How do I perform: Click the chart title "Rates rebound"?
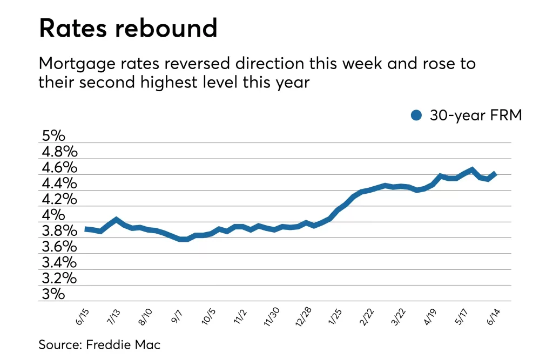128,28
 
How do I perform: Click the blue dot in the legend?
416,115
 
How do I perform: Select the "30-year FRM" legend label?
475,115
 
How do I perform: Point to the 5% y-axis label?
54,135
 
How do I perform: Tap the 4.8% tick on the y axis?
59,152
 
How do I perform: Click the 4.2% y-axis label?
59,199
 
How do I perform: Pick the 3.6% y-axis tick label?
59,247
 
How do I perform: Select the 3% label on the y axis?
54,294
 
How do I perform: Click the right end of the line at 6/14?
495,173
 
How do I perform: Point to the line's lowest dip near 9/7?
184,239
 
